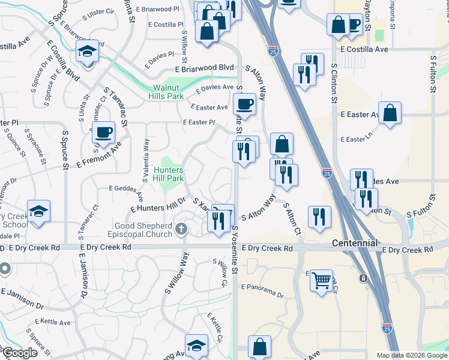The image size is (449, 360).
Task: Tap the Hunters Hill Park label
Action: pyautogui.click(x=167, y=174)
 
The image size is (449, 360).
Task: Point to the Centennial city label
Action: pyautogui.click(x=355, y=243)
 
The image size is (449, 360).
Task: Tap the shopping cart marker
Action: pyautogui.click(x=322, y=280)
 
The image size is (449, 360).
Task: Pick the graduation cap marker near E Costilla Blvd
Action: pyautogui.click(x=87, y=52)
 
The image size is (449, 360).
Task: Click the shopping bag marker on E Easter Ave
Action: pyautogui.click(x=390, y=113)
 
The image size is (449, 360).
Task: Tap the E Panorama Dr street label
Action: pyautogui.click(x=262, y=291)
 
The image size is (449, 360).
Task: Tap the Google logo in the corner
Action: pyautogui.click(x=19, y=353)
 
